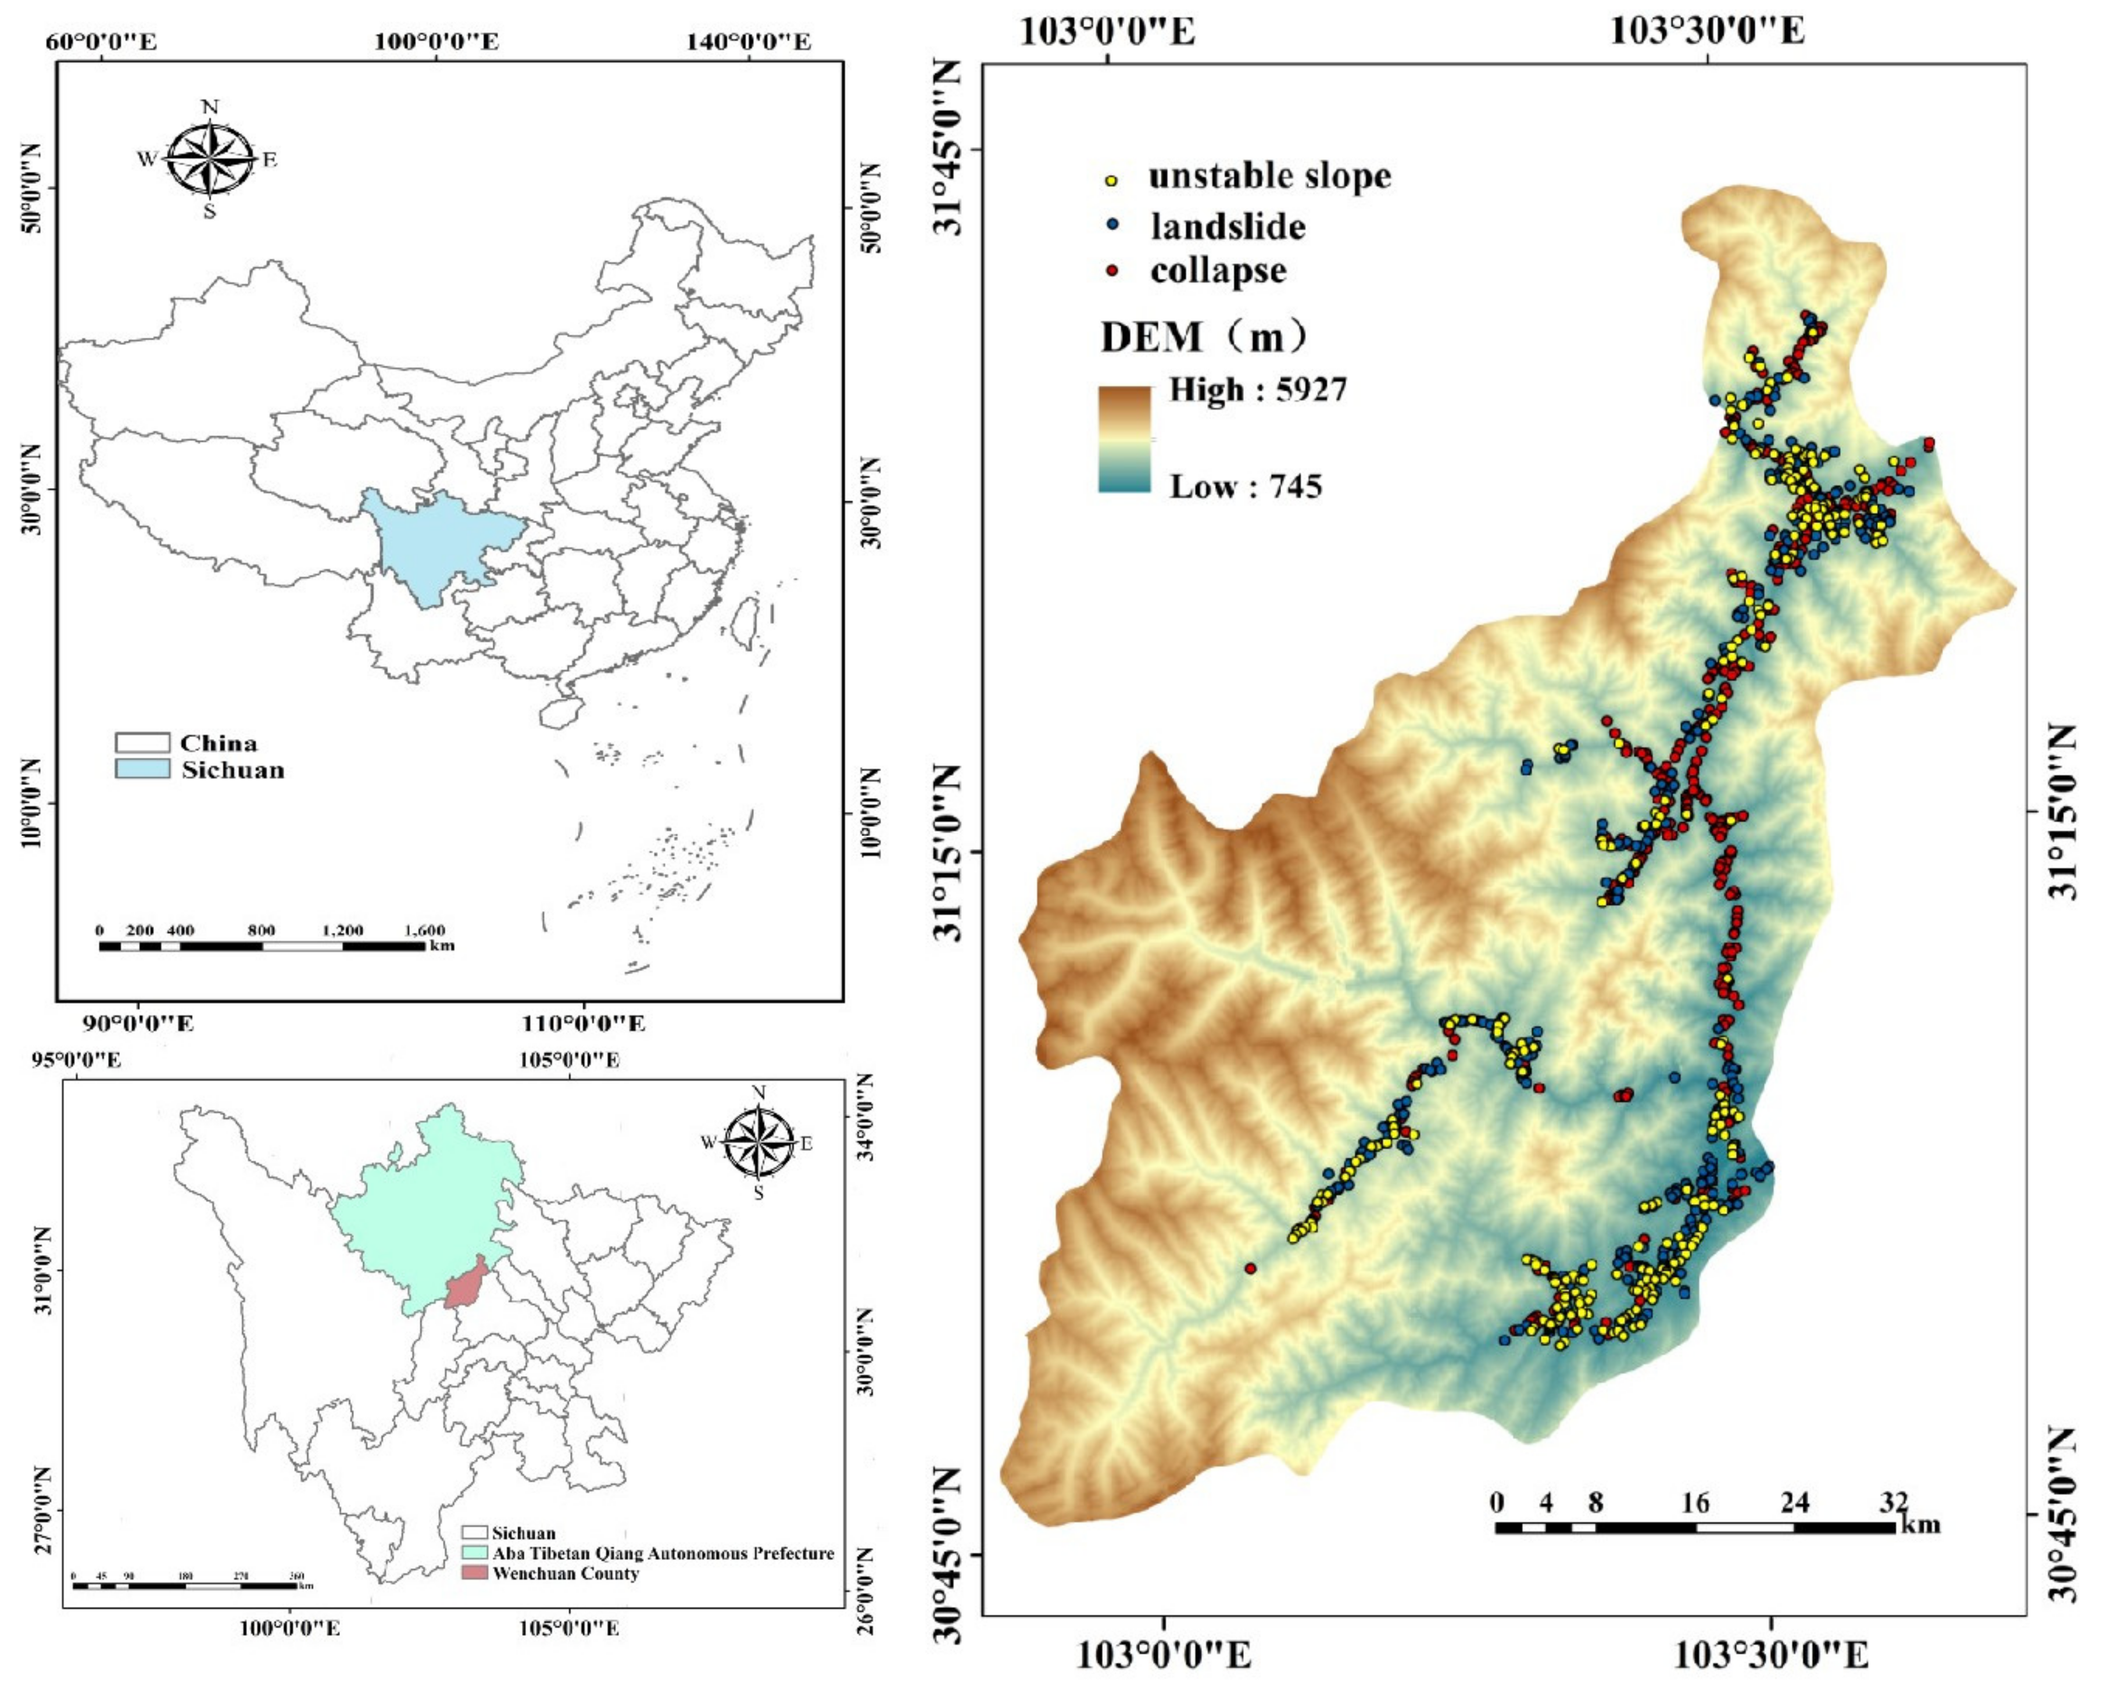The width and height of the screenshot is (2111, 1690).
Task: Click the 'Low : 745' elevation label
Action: coord(1246,486)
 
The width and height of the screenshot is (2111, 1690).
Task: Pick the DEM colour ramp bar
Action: coord(1124,438)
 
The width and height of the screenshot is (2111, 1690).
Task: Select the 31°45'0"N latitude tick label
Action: coord(947,150)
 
